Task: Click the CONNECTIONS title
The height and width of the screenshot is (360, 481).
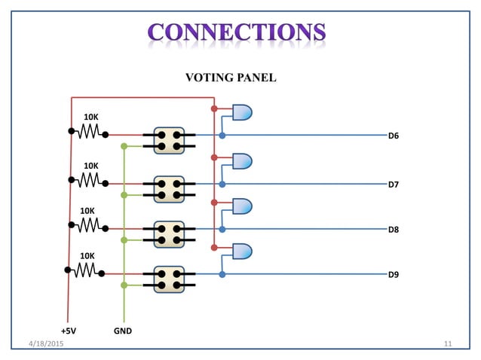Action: pyautogui.click(x=237, y=32)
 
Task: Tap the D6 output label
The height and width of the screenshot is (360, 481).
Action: pyautogui.click(x=393, y=136)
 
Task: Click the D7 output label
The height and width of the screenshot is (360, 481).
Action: pyautogui.click(x=393, y=185)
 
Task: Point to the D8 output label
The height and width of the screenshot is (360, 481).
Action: pyautogui.click(x=393, y=229)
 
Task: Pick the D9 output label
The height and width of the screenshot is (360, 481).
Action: pyautogui.click(x=393, y=275)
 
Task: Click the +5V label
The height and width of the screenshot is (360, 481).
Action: pyautogui.click(x=69, y=331)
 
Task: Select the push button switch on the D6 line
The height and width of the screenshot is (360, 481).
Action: pyautogui.click(x=169, y=140)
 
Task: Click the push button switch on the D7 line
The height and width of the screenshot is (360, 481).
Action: pyautogui.click(x=169, y=188)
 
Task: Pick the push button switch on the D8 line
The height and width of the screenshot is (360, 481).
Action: pyautogui.click(x=169, y=233)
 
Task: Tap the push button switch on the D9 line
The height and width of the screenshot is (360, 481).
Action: pyautogui.click(x=169, y=279)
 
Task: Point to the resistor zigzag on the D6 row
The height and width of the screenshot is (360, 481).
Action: pyautogui.click(x=89, y=132)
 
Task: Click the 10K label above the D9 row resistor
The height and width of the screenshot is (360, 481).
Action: pyautogui.click(x=88, y=256)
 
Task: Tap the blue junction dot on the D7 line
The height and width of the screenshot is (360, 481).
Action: pyautogui.click(x=222, y=184)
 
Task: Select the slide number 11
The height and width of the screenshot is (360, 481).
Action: pyautogui.click(x=447, y=343)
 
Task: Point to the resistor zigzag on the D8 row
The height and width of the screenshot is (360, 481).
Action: pyautogui.click(x=89, y=224)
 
